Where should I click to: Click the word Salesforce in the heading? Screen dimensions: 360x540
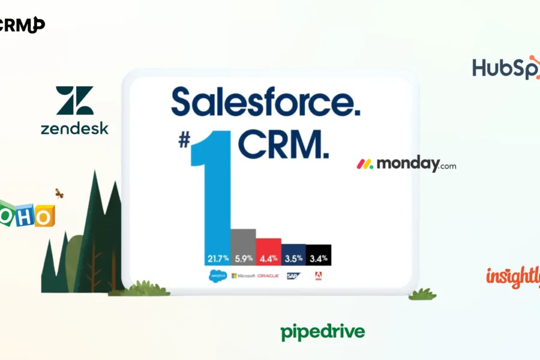(x=266, y=102)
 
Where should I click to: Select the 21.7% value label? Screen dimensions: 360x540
(x=218, y=259)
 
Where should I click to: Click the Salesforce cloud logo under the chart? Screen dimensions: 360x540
(x=217, y=276)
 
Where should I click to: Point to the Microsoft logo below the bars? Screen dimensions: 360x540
(x=243, y=276)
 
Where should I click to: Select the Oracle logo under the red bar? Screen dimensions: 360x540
(x=268, y=276)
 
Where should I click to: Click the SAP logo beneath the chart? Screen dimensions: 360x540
(x=293, y=276)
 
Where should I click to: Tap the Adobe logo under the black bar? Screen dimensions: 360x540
(x=318, y=276)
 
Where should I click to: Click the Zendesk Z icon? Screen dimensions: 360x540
(x=75, y=100)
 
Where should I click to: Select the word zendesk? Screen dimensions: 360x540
(x=74, y=128)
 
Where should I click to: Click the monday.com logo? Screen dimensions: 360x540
(x=406, y=164)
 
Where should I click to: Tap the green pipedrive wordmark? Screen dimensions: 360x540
(x=322, y=332)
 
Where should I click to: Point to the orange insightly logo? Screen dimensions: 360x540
(x=513, y=277)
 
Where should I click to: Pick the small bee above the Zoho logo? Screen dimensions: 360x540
(x=59, y=193)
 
